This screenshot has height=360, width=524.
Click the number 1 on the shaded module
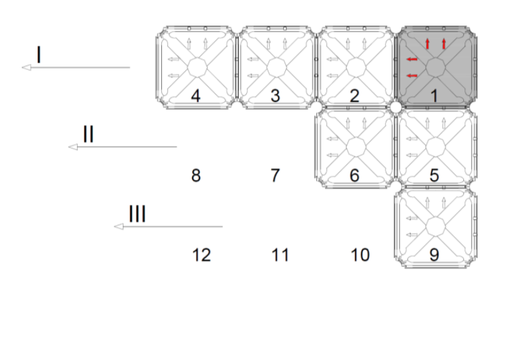434,96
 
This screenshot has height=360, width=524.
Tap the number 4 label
195,96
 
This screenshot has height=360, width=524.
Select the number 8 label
196,175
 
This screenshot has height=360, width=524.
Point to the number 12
202,255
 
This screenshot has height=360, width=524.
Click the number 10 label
360,255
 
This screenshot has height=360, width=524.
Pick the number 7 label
275,175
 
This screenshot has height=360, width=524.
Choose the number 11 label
280,255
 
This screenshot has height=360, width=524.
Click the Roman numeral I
39,55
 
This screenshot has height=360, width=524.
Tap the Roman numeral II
88,134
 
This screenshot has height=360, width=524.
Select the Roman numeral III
137,214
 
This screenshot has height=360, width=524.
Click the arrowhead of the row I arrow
27,68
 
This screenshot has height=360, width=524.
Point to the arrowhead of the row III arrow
118,227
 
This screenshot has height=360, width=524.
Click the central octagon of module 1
435,67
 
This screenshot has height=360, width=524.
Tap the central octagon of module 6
356,147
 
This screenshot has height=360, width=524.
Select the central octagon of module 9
435,227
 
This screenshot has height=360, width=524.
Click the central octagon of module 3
277,67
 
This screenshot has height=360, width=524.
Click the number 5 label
434,175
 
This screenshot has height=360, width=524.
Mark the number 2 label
355,96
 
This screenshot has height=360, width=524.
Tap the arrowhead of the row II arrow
73,147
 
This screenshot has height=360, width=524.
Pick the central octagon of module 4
197,67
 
